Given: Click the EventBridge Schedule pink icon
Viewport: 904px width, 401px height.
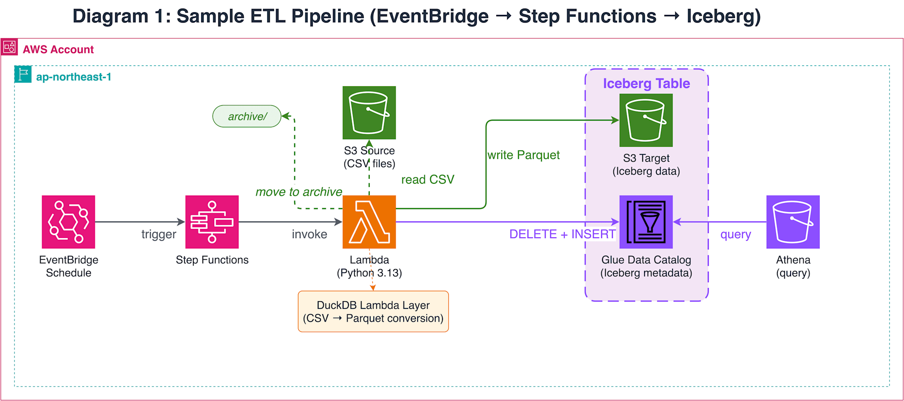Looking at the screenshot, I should pyautogui.click(x=68, y=222).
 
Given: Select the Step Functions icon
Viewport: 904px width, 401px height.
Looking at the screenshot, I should pyautogui.click(x=212, y=222).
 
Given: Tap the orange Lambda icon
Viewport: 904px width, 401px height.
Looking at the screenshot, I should pyautogui.click(x=369, y=222).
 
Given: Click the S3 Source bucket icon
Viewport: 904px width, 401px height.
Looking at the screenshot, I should pyautogui.click(x=369, y=112).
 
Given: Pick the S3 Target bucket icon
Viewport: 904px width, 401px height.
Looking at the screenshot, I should pyautogui.click(x=646, y=120).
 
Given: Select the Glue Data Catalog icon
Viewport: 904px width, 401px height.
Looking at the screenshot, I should pyautogui.click(x=646, y=222).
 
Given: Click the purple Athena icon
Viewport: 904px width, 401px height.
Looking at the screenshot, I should pyautogui.click(x=793, y=222).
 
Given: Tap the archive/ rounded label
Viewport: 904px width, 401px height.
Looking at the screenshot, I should pyautogui.click(x=247, y=117).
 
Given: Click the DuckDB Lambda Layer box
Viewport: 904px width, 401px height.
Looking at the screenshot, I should pyautogui.click(x=373, y=312).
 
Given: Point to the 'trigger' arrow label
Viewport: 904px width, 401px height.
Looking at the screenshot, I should pyautogui.click(x=159, y=234).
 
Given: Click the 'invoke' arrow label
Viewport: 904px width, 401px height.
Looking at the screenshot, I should pyautogui.click(x=309, y=234).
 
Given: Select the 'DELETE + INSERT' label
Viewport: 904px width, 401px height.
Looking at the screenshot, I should pyautogui.click(x=562, y=234).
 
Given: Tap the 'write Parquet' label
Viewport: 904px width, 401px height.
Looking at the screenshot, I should pyautogui.click(x=523, y=155).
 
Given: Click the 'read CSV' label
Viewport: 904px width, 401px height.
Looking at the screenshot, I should pyautogui.click(x=428, y=180).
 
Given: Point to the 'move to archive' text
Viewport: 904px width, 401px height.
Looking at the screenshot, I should pyautogui.click(x=299, y=192).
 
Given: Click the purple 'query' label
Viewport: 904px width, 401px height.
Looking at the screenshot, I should pyautogui.click(x=735, y=234).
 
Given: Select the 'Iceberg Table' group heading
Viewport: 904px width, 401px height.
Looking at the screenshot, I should pyautogui.click(x=646, y=84).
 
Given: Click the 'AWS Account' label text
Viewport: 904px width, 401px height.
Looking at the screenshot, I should pyautogui.click(x=58, y=50).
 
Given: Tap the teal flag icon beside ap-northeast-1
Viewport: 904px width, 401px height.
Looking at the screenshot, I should pyautogui.click(x=23, y=74).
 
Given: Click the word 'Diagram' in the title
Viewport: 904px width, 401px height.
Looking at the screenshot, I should pyautogui.click(x=110, y=16).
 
